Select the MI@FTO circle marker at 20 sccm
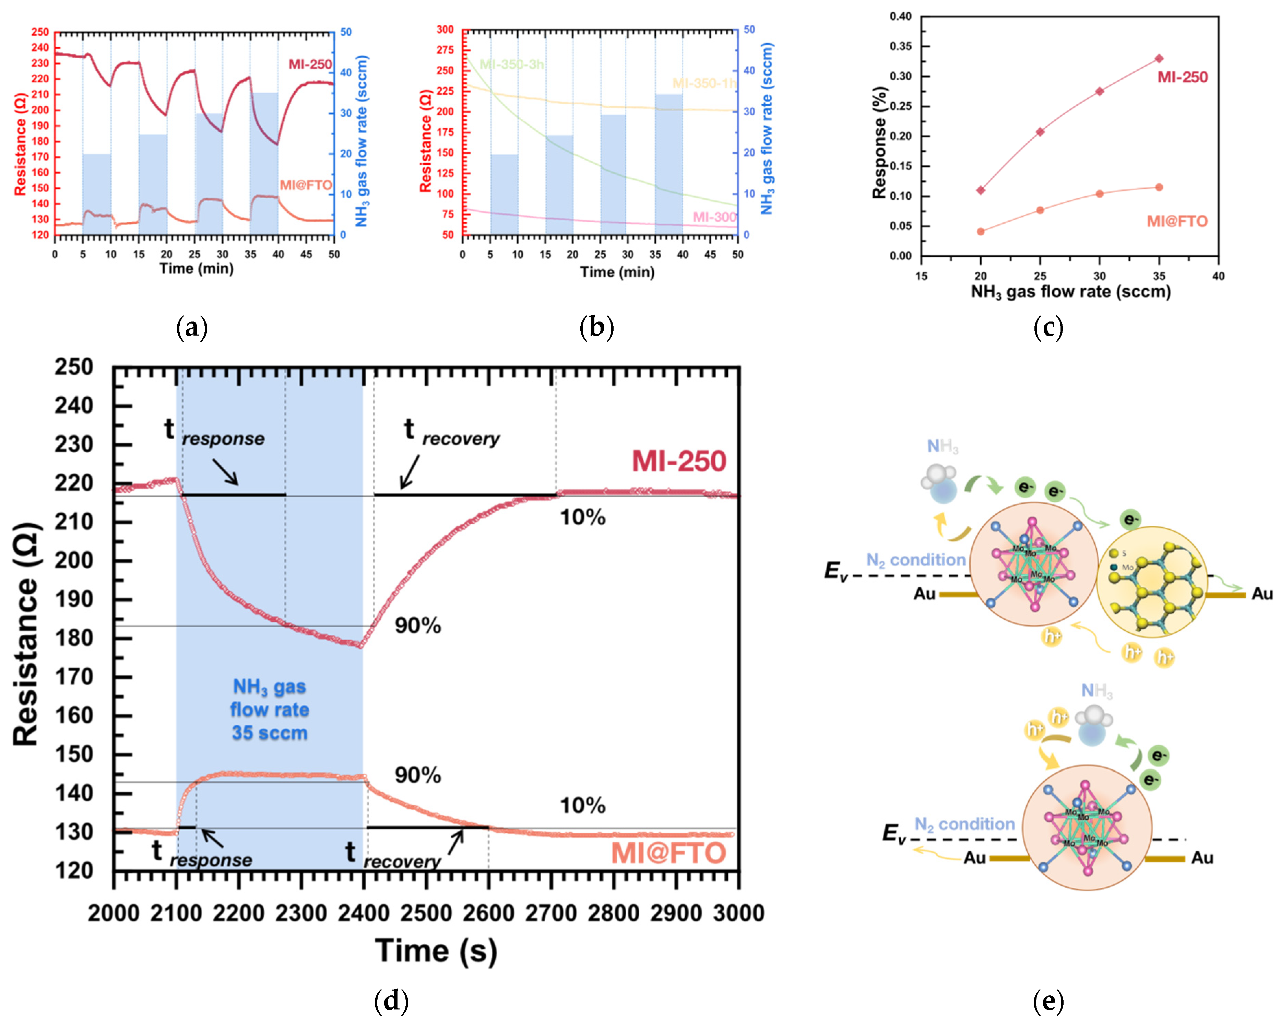[981, 231]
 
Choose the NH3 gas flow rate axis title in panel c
[1070, 292]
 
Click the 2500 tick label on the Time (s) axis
[426, 913]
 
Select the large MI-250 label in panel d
[679, 462]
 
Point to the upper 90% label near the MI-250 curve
[418, 626]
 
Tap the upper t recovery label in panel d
[452, 432]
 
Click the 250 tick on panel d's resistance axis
[74, 367]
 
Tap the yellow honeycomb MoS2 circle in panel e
[1152, 582]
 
